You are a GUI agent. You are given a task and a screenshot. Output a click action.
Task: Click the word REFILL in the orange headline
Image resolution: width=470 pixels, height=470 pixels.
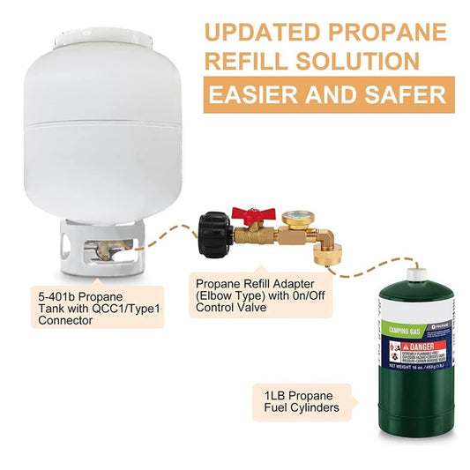(x=246, y=62)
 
